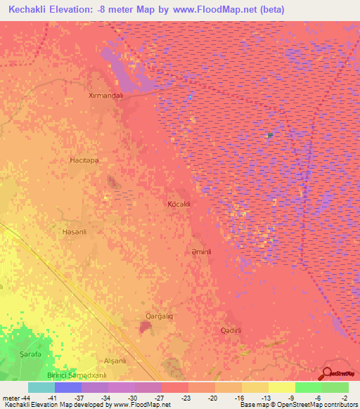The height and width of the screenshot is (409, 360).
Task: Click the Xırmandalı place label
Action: point(105,95)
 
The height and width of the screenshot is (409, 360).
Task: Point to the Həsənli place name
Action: point(74,231)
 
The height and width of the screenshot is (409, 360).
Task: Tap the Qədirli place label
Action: point(231,330)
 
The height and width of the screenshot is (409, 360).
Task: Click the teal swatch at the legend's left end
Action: point(41,387)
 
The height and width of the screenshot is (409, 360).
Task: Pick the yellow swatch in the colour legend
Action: point(281,387)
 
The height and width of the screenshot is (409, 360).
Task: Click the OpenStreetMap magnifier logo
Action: point(328,374)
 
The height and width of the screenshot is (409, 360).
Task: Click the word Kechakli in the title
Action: point(35,10)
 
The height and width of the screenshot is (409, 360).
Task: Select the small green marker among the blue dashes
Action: point(270,134)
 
